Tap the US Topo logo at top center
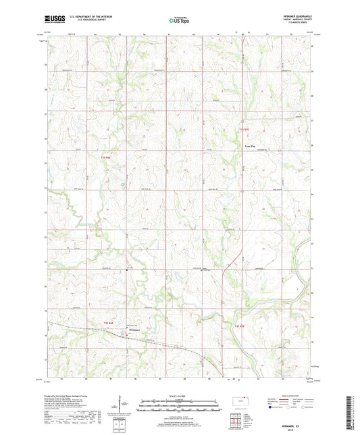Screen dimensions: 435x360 pyautogui.click(x=178, y=21)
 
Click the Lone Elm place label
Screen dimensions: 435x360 pyautogui.click(x=250, y=145)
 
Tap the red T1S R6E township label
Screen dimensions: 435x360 pyautogui.click(x=105, y=157)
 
